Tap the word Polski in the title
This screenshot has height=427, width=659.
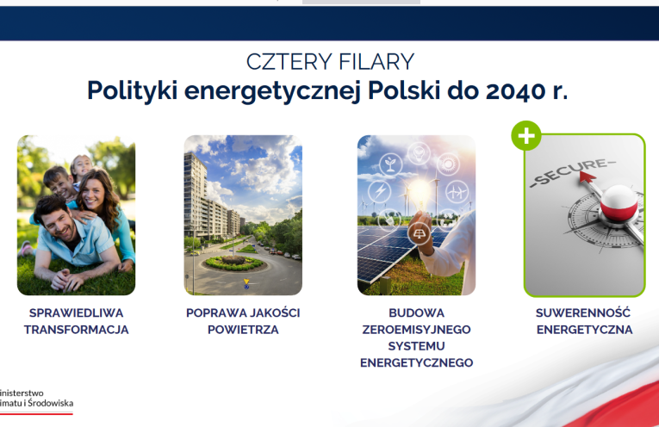click(404, 90)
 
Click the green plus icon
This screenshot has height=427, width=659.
click(526, 136)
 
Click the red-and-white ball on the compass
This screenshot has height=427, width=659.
click(619, 203)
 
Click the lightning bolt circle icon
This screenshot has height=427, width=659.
click(380, 191)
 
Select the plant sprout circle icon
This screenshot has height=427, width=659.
click(390, 164)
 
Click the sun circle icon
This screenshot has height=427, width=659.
click(448, 164)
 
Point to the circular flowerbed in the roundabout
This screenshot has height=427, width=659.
click(233, 263)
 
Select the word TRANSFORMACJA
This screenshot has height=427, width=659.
click(76, 330)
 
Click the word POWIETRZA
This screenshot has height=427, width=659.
click(243, 330)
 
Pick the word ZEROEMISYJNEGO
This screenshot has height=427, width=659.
click(416, 330)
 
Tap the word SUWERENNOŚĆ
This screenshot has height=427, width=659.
click(583, 313)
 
